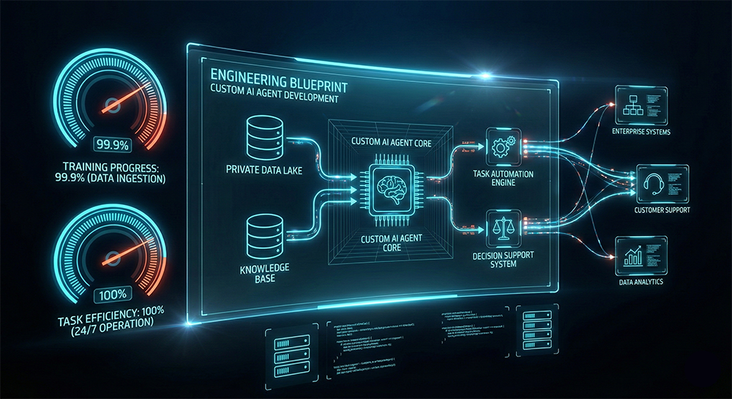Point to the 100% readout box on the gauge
point(112,296)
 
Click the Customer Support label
point(662,210)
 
